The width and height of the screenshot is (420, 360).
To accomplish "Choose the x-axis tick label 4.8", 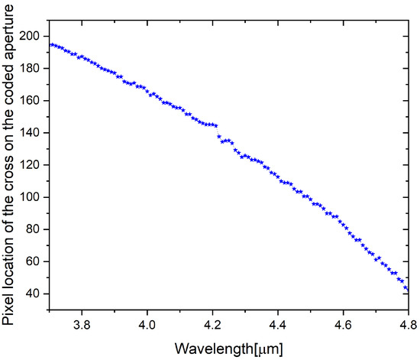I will coord(409,323).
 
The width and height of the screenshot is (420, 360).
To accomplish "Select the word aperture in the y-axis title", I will coord(14,42).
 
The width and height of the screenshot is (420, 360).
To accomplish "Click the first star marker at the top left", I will coord(51,44).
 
